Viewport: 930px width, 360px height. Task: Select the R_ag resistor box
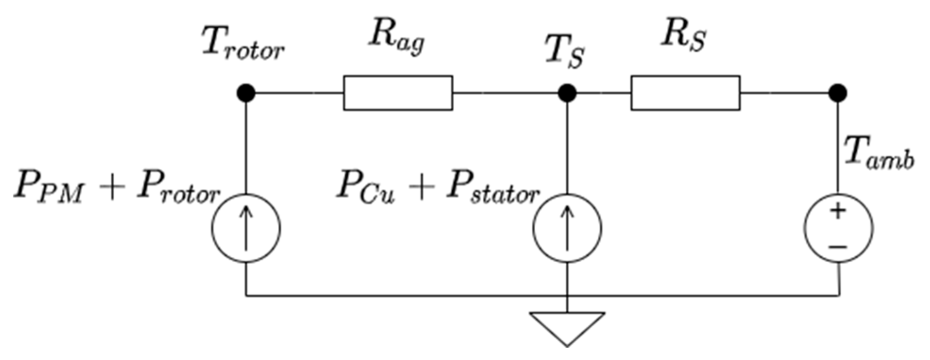[398, 93]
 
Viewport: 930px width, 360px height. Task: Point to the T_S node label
[564, 53]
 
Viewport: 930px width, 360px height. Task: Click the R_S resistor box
[685, 93]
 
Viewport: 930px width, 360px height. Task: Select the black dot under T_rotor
[246, 93]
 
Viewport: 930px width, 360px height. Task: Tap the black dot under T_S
[567, 93]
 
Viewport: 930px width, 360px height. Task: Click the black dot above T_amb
[837, 93]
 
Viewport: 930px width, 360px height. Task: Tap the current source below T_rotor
[246, 228]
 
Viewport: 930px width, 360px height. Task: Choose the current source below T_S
[567, 228]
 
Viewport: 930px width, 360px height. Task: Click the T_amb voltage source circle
[838, 228]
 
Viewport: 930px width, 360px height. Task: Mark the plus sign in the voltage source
[838, 212]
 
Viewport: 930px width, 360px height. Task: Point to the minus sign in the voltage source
[838, 246]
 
